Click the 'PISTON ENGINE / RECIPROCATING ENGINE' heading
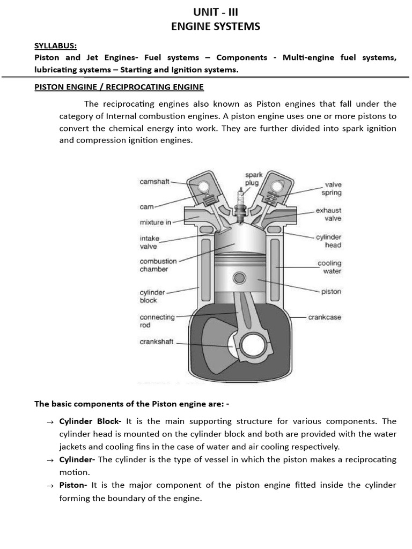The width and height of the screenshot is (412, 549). [119, 86]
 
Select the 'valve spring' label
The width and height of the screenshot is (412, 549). [331, 188]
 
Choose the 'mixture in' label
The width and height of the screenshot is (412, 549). [155, 222]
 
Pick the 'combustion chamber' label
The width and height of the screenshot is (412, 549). [158, 265]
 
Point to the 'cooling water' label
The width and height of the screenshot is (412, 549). [329, 267]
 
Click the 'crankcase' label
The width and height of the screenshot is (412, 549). [325, 317]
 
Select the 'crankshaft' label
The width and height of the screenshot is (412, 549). [156, 342]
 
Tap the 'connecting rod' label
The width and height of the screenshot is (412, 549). [157, 321]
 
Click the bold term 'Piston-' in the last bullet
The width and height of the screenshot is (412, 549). [73, 485]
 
